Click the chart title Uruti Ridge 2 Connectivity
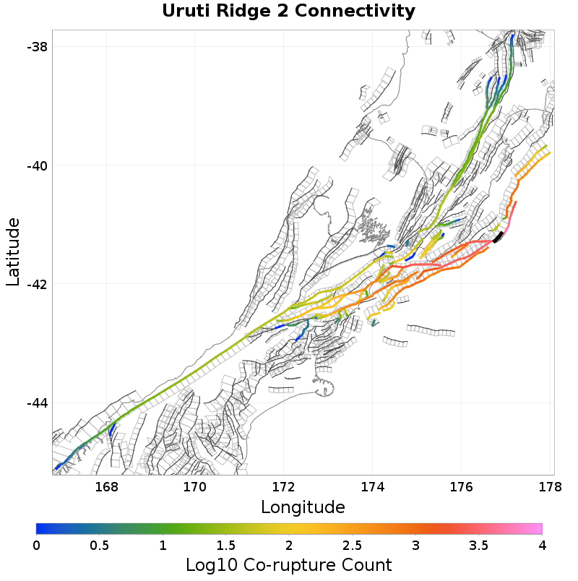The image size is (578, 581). (x=288, y=12)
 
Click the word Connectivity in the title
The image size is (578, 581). (x=354, y=12)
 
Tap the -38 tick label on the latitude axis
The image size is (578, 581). (x=35, y=47)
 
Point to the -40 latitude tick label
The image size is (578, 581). (x=35, y=165)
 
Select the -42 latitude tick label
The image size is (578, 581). (x=35, y=284)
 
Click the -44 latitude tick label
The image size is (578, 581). (x=35, y=403)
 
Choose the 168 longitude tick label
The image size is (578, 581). (x=106, y=486)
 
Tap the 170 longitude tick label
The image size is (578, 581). (x=195, y=486)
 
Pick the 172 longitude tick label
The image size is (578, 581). (x=284, y=486)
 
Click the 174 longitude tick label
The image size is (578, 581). (x=373, y=486)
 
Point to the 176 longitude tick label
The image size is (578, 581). (x=462, y=486)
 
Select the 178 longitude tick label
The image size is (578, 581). (x=551, y=486)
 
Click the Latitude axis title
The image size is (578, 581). (x=13, y=253)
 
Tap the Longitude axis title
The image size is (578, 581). (x=303, y=507)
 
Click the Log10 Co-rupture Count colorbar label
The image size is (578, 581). (x=289, y=565)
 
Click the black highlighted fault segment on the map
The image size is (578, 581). (x=499, y=237)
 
